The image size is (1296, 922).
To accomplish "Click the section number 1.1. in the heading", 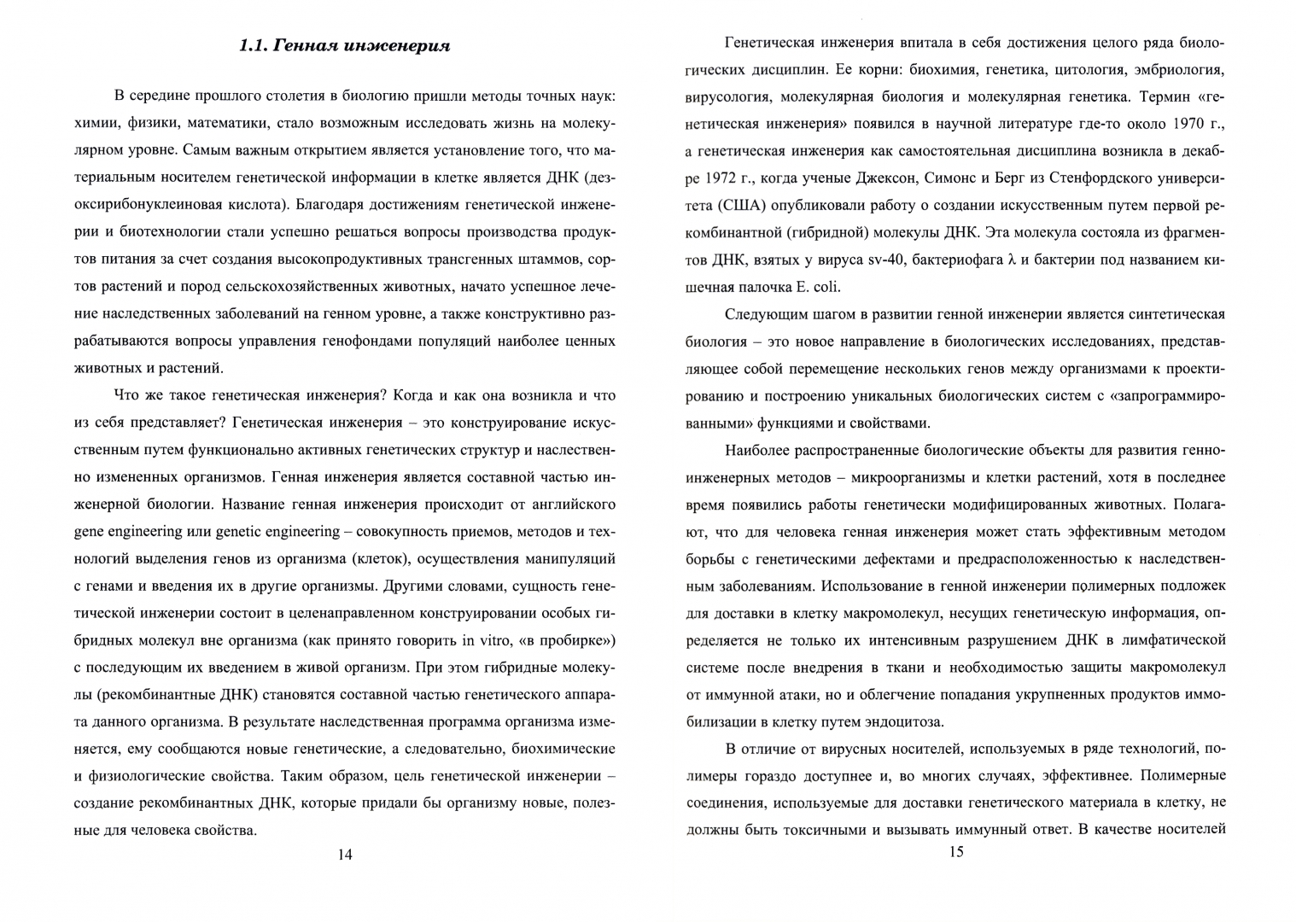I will click(255, 45).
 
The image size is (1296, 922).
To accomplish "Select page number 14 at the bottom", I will click(345, 855).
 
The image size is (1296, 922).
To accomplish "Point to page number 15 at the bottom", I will click(955, 851).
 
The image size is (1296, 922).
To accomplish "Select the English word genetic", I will click(242, 532).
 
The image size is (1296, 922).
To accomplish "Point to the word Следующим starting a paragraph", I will click(765, 314).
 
